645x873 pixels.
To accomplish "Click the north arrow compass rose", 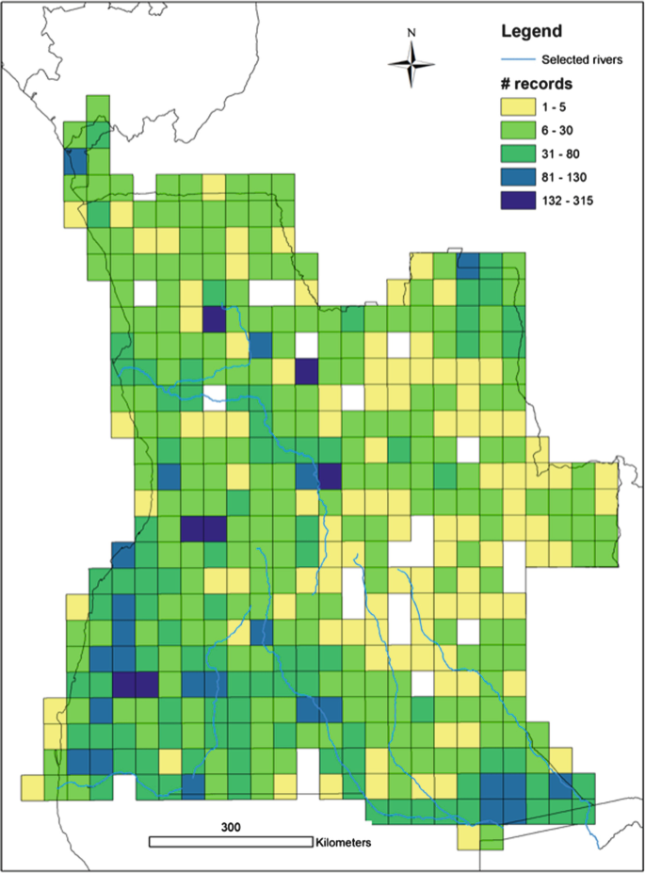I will point(411,64).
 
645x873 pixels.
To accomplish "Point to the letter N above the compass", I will point(411,32).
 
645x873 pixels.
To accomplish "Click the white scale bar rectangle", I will point(232,840).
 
